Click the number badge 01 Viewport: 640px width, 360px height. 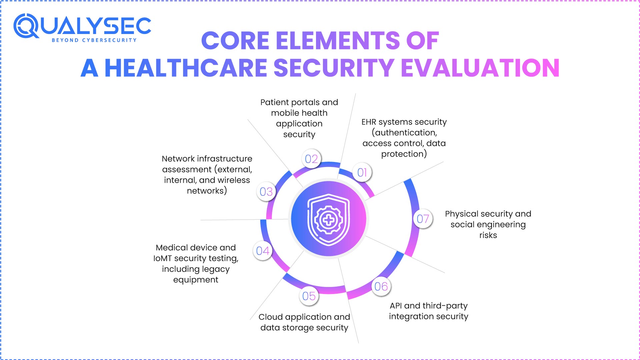pos(362,172)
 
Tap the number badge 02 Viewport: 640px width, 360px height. pos(311,159)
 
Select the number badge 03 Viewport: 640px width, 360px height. pos(266,192)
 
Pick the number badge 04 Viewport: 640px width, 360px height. pos(263,251)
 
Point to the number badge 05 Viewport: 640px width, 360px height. pos(309,296)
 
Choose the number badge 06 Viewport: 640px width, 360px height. pos(381,286)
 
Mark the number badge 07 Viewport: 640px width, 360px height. pos(423,219)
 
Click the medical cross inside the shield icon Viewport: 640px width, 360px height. pos(329,220)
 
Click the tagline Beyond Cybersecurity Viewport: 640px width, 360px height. pos(94,40)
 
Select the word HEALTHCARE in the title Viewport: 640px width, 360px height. pos(186,68)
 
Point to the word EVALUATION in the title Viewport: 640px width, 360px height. pos(482,68)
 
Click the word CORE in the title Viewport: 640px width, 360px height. pos(235,41)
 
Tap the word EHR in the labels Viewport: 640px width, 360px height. pos(369,122)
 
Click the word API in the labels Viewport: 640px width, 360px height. pos(396,306)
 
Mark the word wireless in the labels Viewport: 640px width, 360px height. pos(234,180)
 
